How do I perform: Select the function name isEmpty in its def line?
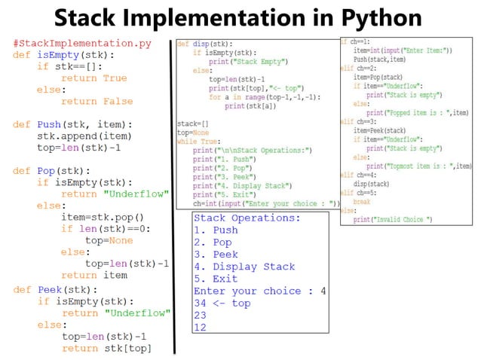coord(60,55)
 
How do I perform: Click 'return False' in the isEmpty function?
coord(97,102)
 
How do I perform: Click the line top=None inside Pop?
coord(109,240)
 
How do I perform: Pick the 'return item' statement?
coord(93,276)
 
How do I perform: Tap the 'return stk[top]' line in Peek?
coord(106,348)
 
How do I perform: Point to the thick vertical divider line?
coord(171,196)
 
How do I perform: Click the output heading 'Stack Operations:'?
coord(247,218)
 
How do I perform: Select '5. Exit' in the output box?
coord(216,279)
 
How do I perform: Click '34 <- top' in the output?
coord(222,303)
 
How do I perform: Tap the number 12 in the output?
coord(200,327)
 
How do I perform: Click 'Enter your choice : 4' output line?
coord(259,291)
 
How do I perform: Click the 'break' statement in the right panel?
coord(362,203)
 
